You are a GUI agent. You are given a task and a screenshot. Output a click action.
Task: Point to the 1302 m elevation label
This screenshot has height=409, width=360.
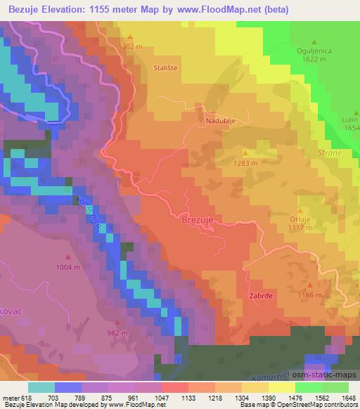131,46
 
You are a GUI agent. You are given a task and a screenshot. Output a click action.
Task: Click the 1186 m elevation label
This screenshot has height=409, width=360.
311,295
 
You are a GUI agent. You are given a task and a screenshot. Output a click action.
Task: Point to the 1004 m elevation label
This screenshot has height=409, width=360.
68,267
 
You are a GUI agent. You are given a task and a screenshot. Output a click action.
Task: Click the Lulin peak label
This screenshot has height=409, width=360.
349,120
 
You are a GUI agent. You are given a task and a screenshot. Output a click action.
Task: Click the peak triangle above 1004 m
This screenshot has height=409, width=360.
68,257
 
